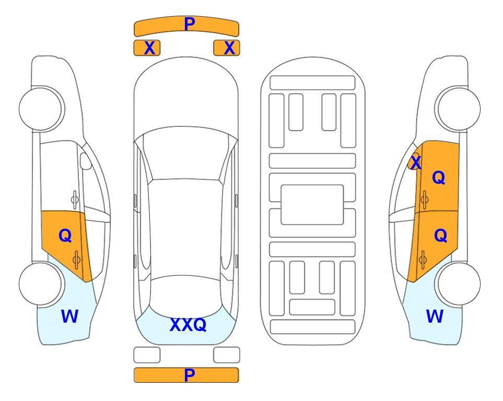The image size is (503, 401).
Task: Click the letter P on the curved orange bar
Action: pyautogui.click(x=190, y=24)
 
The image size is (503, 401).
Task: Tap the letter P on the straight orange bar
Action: pyautogui.click(x=189, y=375)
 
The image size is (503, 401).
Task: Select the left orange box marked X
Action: pyautogui.click(x=147, y=48)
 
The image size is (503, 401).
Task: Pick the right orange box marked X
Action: pyautogui.click(x=227, y=48)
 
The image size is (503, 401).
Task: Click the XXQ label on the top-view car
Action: pyautogui.click(x=188, y=325)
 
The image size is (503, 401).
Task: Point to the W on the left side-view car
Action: pyautogui.click(x=69, y=316)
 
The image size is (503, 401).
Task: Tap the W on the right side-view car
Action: pyautogui.click(x=435, y=316)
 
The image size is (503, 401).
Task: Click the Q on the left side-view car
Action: pyautogui.click(x=65, y=236)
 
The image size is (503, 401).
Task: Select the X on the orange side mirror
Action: pyautogui.click(x=416, y=162)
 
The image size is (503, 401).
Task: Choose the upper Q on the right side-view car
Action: pyautogui.click(x=439, y=178)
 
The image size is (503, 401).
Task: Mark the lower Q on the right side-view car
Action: pyautogui.click(x=440, y=236)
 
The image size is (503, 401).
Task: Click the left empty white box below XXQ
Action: pyautogui.click(x=147, y=355)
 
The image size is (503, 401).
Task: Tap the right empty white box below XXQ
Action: pyautogui.click(x=227, y=355)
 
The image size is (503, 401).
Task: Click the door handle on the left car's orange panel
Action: pyautogui.click(x=76, y=260)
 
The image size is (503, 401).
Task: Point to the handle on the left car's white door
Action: pyautogui.click(x=75, y=200)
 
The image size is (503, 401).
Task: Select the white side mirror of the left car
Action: pyautogui.click(x=86, y=161)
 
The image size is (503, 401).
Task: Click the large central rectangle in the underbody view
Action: pyautogui.click(x=312, y=205)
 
